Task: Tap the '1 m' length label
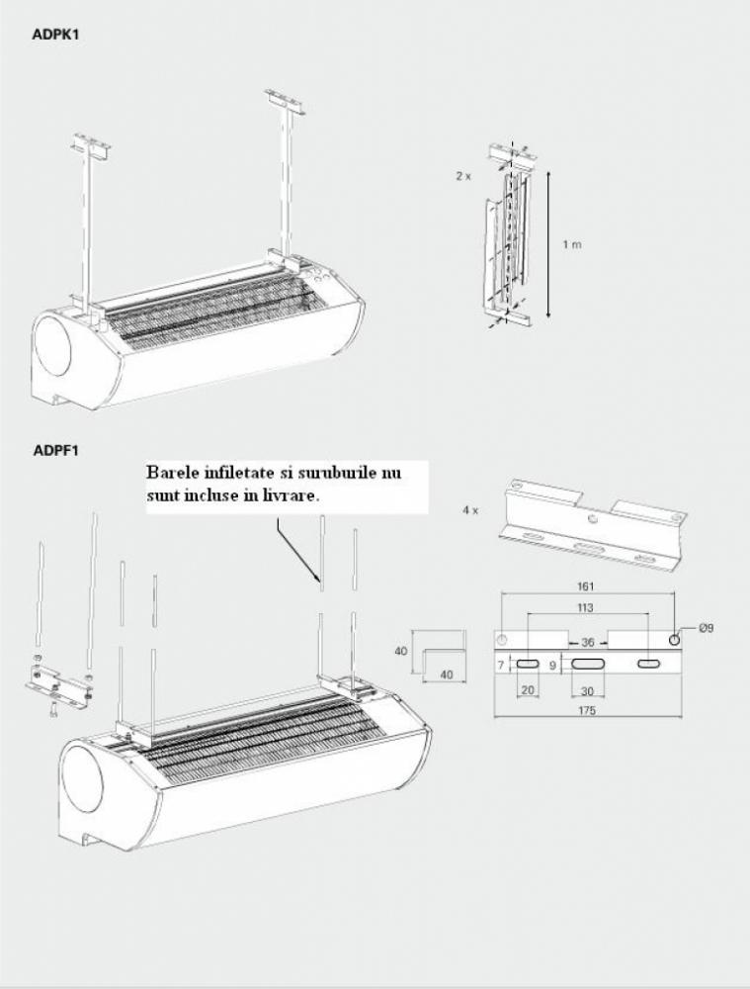572,244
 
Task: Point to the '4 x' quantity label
470,510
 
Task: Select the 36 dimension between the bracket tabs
587,641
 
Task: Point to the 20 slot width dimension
528,689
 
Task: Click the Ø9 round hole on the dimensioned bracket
674,640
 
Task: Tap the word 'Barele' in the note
172,472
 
